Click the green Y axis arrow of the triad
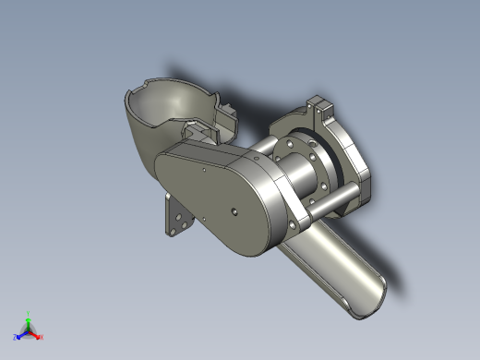29,320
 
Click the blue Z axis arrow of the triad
21,334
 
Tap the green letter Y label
29,313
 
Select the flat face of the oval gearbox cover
208,198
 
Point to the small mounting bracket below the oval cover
176,219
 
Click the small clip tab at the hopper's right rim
226,118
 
